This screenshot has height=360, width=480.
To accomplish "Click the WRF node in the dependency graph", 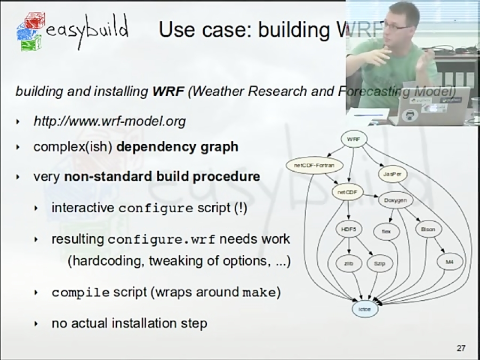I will [353, 139].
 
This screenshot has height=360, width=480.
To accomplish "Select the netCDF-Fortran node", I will [314, 165].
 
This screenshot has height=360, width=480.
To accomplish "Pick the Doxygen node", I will [395, 201].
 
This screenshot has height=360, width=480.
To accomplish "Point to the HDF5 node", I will [349, 229].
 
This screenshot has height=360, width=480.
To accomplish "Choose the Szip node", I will [379, 263].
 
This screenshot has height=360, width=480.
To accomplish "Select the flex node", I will [386, 231].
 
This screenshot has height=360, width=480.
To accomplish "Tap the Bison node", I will [428, 229].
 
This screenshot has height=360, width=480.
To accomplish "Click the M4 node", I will [449, 262].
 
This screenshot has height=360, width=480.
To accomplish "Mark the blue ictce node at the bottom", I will [365, 309].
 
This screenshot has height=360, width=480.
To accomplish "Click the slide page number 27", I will [461, 348].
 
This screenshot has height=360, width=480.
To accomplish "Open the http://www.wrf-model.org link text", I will [109, 122].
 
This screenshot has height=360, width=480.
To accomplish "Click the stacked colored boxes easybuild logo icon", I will [29, 31].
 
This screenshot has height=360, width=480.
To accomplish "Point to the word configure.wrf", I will [161, 239].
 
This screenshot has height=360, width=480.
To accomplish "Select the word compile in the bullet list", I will [81, 293].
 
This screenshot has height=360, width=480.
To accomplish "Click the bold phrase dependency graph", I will [177, 147].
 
